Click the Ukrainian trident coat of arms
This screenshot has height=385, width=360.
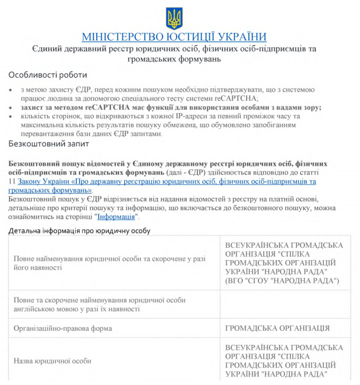coord(174,19)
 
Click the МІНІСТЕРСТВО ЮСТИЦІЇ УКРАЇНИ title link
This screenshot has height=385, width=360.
coord(174,37)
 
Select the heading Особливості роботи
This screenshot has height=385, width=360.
coord(48,75)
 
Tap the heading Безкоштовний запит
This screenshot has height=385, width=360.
coord(49,144)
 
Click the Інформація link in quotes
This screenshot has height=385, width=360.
coord(116,217)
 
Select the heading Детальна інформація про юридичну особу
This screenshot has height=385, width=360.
coord(79,231)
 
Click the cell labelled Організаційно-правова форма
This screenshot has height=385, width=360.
coord(63,328)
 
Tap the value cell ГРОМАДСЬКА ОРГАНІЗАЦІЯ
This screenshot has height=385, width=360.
coord(277,328)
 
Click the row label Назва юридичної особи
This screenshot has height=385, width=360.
coord(52,360)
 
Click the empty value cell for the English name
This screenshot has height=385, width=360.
coord(285,304)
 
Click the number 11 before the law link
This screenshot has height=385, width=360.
coord(13,181)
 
